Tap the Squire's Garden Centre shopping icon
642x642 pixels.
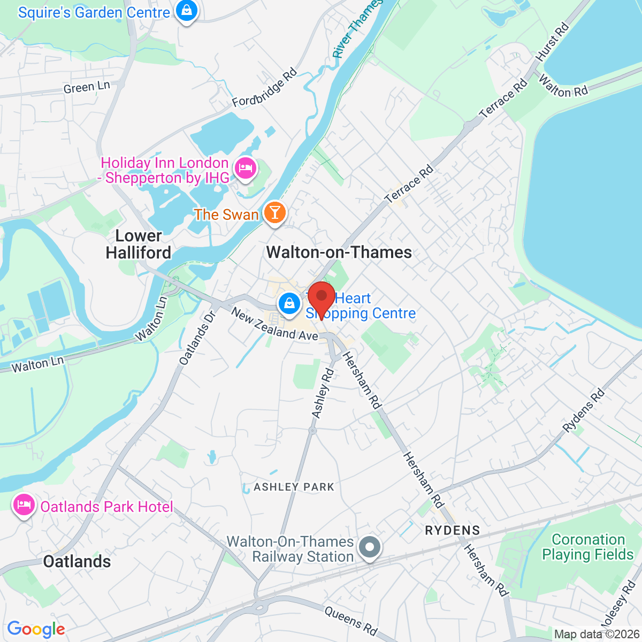186,10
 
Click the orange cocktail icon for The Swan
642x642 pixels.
274,213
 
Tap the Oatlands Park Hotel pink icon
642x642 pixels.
24,505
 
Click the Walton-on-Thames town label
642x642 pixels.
339,252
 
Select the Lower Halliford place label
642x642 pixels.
139,244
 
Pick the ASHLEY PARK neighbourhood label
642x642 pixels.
294,487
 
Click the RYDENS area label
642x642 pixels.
453,530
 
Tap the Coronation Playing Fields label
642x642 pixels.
588,547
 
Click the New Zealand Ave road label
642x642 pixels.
274,324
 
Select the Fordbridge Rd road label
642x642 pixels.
264,88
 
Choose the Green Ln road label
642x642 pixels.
87,88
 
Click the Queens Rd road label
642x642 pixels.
351,621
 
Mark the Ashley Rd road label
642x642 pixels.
323,393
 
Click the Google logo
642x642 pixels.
36,629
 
